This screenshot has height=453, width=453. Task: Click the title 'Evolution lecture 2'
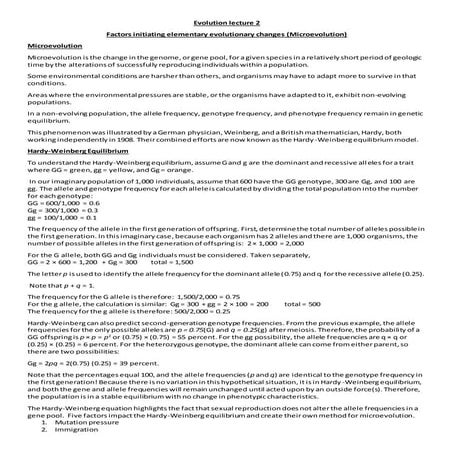pos(226,18)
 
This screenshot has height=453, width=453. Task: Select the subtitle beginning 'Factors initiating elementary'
pos(226,33)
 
